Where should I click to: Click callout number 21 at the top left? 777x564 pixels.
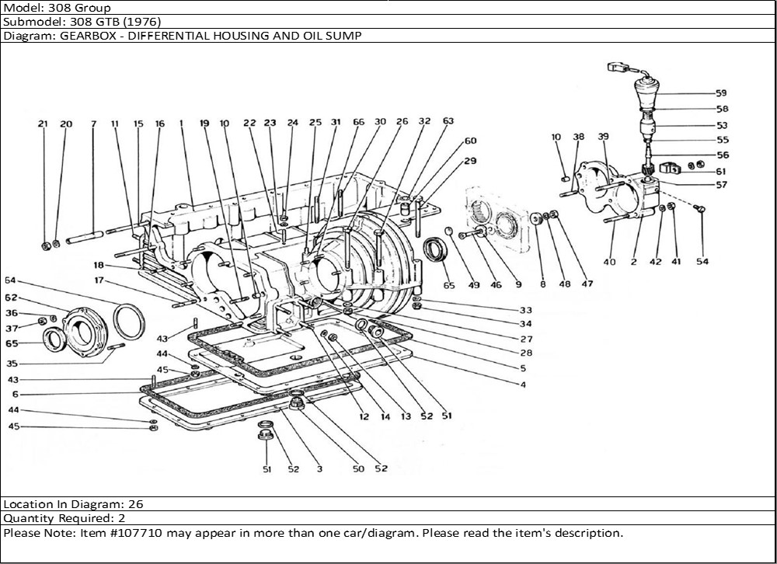(43, 124)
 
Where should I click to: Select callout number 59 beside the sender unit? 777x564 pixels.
(721, 93)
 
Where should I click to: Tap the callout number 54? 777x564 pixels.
(702, 262)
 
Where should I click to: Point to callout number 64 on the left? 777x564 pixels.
(10, 280)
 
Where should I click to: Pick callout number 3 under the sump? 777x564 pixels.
(318, 469)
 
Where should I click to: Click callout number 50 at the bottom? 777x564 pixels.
(358, 469)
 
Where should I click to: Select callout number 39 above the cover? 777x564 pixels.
(604, 137)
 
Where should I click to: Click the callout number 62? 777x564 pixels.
(10, 298)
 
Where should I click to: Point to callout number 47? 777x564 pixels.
(587, 284)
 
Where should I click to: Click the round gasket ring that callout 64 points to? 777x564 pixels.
(128, 320)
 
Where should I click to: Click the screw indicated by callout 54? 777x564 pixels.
(697, 208)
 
